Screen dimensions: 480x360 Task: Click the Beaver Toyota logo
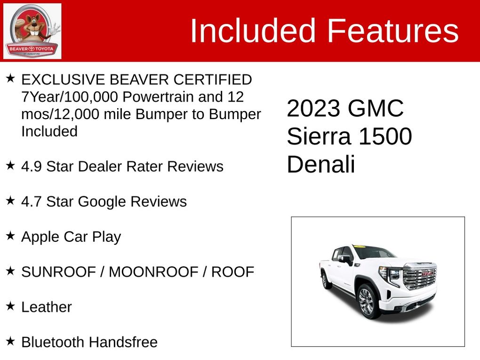coord(32,31)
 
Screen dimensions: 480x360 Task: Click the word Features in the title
coord(393,31)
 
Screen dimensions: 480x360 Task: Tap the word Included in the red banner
coord(253,31)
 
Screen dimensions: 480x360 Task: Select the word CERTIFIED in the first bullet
coord(213,80)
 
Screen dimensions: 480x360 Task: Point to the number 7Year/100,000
coord(70,97)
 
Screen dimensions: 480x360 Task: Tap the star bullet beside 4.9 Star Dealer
coord(10,166)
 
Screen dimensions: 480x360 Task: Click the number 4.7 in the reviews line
coord(31,202)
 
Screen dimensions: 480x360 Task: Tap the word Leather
coord(47,307)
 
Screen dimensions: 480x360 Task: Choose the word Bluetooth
coord(53,342)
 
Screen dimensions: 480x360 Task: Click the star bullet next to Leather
coord(10,306)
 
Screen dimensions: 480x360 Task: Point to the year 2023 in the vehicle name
coord(313,108)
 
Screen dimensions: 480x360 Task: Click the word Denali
coord(321,164)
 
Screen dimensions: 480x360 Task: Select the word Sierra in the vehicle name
coord(319,136)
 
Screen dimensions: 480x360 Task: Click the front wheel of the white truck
coord(367,302)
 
